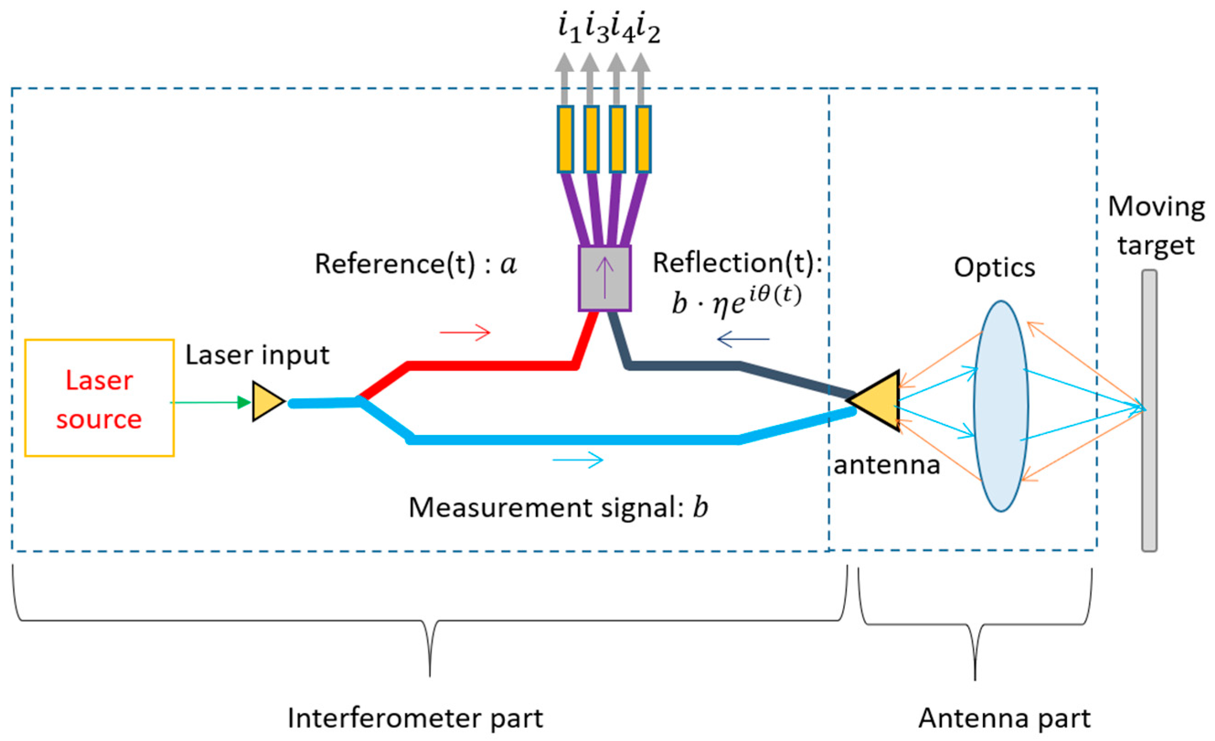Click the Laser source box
pyautogui.click(x=99, y=397)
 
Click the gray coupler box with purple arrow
pyautogui.click(x=605, y=279)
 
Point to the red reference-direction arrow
pyautogui.click(x=465, y=332)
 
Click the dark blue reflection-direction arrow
pyautogui.click(x=743, y=339)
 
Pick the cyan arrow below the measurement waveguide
pyautogui.click(x=578, y=460)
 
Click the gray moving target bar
pyautogui.click(x=1149, y=410)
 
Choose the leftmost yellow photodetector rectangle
pyautogui.click(x=566, y=139)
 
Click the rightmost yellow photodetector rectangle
pyautogui.click(x=643, y=139)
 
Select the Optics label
pyautogui.click(x=994, y=268)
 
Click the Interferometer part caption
pyautogui.click(x=415, y=718)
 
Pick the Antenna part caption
pyautogui.click(x=1004, y=718)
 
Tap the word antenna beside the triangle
pyautogui.click(x=887, y=465)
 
